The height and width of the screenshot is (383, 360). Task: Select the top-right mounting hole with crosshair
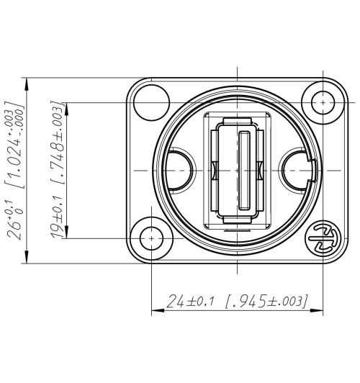tap(322, 103)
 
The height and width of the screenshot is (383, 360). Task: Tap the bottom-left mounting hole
tap(153, 237)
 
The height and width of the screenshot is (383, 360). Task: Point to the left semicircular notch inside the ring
tap(180, 170)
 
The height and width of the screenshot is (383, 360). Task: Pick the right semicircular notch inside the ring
tap(296, 170)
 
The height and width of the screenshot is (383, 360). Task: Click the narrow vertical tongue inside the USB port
tap(245, 170)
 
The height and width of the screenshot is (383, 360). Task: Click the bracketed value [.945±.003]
tap(267, 300)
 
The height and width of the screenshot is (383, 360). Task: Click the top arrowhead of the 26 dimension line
tap(26, 81)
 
